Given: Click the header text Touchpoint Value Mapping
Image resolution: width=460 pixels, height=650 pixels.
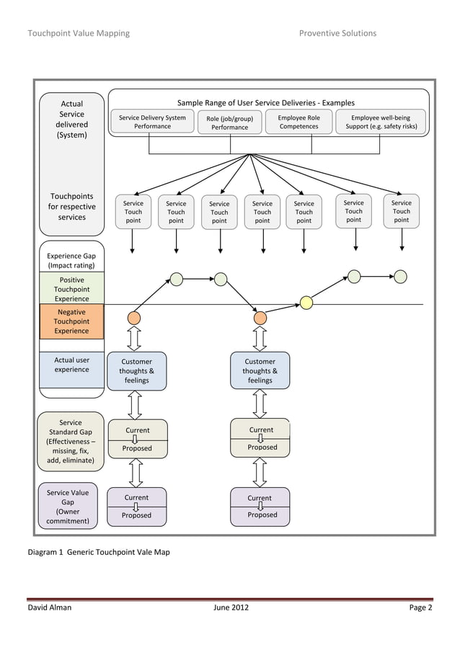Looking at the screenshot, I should pyautogui.click(x=79, y=33).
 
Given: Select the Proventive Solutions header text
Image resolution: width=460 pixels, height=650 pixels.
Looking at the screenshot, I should pyautogui.click(x=337, y=33).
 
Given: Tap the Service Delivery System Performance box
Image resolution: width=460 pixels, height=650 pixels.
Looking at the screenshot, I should pyautogui.click(x=152, y=122).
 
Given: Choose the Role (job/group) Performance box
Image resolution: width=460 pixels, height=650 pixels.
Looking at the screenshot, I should pyautogui.click(x=229, y=123).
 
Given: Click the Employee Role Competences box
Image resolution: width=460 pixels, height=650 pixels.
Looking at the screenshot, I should pyautogui.click(x=298, y=122).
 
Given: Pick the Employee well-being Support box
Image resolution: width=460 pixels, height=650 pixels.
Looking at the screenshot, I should pyautogui.click(x=381, y=122).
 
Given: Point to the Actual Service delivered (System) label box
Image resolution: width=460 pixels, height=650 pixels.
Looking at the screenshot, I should pyautogui.click(x=71, y=120).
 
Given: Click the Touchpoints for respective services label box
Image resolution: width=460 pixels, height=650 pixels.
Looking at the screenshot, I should pyautogui.click(x=71, y=207).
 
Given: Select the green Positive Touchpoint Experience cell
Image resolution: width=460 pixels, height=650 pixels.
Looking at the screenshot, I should pyautogui.click(x=71, y=289).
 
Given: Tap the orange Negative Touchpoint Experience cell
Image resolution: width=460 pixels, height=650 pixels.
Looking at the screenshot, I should pyautogui.click(x=71, y=321).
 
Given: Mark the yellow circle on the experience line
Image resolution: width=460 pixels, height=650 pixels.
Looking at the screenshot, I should pyautogui.click(x=306, y=303).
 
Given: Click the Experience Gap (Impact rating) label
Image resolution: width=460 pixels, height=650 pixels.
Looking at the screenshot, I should pyautogui.click(x=71, y=260).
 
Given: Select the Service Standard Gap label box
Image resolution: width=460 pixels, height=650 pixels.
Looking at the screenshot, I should pyautogui.click(x=71, y=441).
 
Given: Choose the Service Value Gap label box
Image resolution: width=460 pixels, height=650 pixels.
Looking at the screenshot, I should pyautogui.click(x=68, y=507).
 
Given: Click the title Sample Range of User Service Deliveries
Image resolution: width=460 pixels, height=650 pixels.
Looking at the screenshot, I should pyautogui.click(x=266, y=103).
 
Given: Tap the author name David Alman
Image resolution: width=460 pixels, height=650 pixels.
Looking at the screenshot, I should pyautogui.click(x=49, y=607).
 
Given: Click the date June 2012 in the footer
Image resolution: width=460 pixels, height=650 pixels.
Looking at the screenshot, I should pyautogui.click(x=231, y=607).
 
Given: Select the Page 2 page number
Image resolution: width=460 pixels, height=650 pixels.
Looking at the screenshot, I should pyautogui.click(x=420, y=607).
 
